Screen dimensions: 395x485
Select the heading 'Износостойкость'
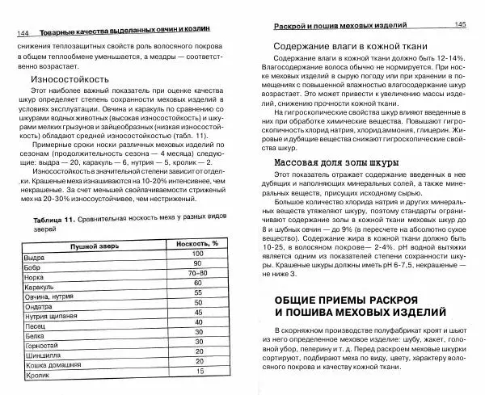(x=69, y=81)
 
